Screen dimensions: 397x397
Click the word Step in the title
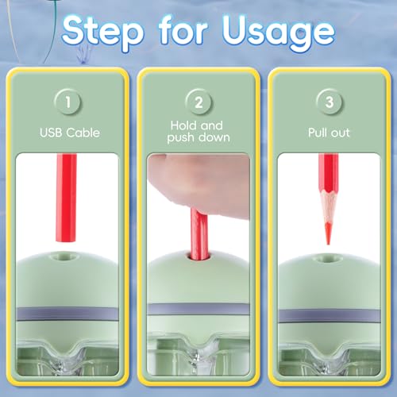(x=103, y=33)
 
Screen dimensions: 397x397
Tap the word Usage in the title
(x=279, y=33)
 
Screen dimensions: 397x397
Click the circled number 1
(x=67, y=102)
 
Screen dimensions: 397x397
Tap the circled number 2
(x=198, y=102)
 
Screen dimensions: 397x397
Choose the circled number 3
(x=330, y=102)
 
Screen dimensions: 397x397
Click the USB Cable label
(x=70, y=133)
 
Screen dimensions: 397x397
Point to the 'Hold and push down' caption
(x=198, y=132)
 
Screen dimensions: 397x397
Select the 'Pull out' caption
(x=329, y=133)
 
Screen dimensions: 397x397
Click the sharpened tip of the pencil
(x=328, y=242)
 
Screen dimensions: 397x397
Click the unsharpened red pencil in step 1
(x=66, y=198)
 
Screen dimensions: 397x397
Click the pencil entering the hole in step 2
(x=199, y=233)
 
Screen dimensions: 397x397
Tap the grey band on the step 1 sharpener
(x=67, y=314)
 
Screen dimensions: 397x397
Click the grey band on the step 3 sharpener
(x=330, y=315)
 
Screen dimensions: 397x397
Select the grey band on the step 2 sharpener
(x=198, y=309)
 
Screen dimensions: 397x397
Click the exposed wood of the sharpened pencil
(x=328, y=208)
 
